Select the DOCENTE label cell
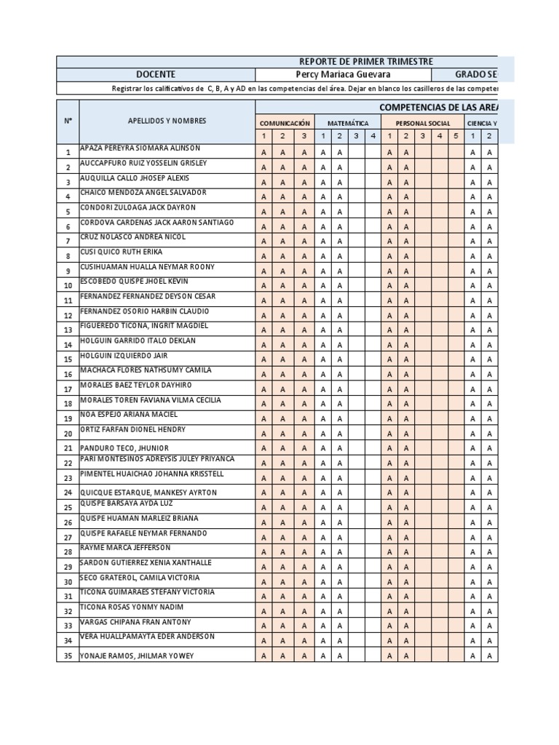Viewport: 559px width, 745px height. (156, 74)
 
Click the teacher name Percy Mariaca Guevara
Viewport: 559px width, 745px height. (343, 74)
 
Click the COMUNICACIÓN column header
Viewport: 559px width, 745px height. (285, 124)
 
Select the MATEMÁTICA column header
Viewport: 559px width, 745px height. (348, 124)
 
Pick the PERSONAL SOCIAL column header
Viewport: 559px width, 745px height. (422, 124)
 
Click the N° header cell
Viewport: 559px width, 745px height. (68, 121)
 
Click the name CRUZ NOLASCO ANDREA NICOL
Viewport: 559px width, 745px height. (132, 237)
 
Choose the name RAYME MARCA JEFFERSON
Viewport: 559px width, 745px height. (125, 548)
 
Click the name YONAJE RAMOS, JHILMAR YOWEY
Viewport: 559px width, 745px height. (137, 656)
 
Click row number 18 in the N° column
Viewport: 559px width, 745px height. (68, 404)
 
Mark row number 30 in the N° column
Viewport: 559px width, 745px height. (68, 581)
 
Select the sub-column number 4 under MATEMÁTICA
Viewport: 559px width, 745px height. (372, 135)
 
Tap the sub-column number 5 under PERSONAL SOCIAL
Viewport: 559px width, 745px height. (456, 135)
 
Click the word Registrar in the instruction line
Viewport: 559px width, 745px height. (127, 88)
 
